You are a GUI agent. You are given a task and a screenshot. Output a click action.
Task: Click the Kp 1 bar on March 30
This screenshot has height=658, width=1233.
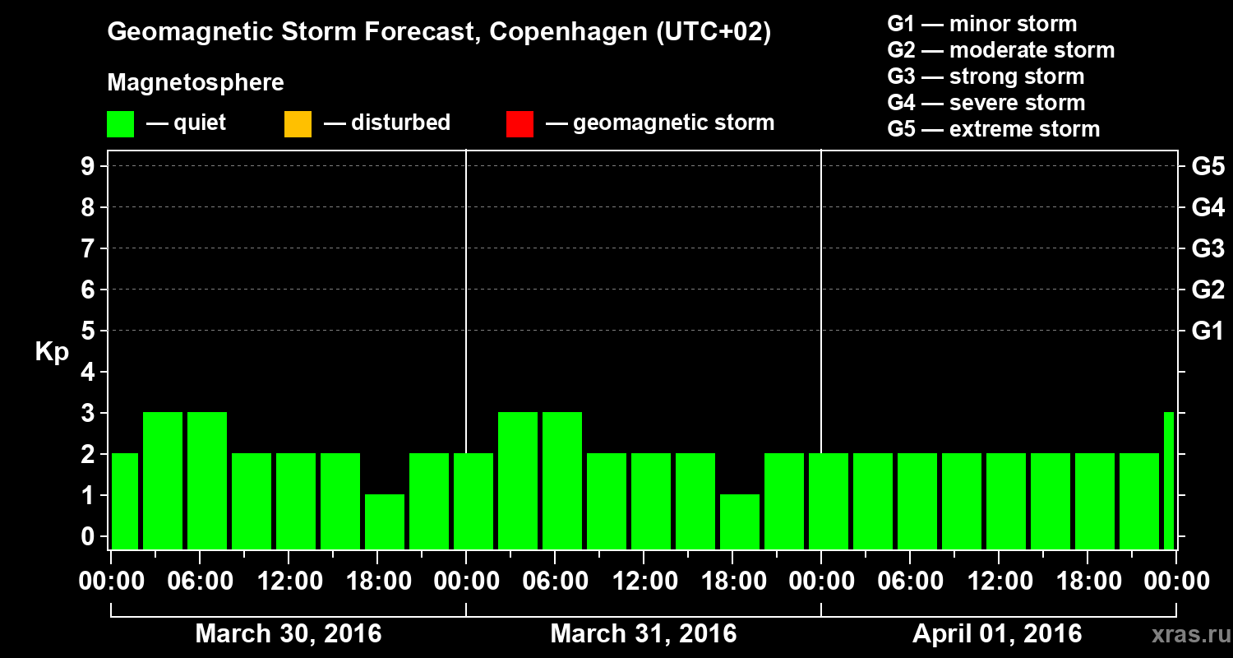pyautogui.click(x=385, y=521)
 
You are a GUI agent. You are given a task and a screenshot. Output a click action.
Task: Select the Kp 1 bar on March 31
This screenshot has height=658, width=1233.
pyautogui.click(x=740, y=521)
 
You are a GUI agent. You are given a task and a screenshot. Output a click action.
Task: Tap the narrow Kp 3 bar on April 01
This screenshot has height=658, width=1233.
pyautogui.click(x=1169, y=480)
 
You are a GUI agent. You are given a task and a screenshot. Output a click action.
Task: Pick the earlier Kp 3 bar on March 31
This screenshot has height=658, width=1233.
pyautogui.click(x=518, y=480)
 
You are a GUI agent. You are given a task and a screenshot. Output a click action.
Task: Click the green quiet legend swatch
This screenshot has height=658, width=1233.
pyautogui.click(x=120, y=124)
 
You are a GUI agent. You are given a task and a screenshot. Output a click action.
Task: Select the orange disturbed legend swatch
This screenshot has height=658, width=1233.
pyautogui.click(x=298, y=124)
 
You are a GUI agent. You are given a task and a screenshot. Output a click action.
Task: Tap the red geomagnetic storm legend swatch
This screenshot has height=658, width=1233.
pyautogui.click(x=520, y=124)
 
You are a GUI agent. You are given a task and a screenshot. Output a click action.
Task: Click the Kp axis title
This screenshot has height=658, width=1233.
pyautogui.click(x=51, y=352)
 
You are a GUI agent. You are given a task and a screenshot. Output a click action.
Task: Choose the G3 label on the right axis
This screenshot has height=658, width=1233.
pyautogui.click(x=1208, y=248)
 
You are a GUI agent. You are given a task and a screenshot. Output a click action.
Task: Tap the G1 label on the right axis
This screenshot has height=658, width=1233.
pyautogui.click(x=1208, y=331)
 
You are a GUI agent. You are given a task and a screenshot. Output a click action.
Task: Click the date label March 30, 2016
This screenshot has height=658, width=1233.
pyautogui.click(x=288, y=634)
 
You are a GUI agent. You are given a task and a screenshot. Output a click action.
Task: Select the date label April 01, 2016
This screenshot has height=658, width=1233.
pyautogui.click(x=997, y=634)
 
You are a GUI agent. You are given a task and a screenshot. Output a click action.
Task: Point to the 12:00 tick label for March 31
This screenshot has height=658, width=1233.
pyautogui.click(x=644, y=582)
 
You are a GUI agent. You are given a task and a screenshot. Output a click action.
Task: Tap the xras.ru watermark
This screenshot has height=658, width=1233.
pyautogui.click(x=1185, y=635)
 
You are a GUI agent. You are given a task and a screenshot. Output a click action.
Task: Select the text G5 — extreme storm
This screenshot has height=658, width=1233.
pyautogui.click(x=993, y=129)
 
